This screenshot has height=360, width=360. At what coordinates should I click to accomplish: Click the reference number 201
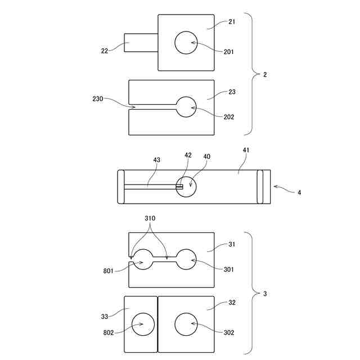point(228,52)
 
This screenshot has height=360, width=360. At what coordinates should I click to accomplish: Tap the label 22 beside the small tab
point(105,51)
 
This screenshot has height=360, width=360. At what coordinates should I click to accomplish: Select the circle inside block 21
point(186,43)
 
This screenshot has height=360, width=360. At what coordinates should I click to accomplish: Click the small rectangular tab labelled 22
point(141,43)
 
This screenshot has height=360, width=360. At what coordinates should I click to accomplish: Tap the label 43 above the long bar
point(156,160)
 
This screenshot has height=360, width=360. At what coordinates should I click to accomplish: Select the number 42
point(187,155)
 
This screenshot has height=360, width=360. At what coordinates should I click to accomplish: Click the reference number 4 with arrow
point(299,192)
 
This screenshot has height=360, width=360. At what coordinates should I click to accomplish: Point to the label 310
point(150,218)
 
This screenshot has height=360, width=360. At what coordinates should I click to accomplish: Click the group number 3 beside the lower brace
point(265,294)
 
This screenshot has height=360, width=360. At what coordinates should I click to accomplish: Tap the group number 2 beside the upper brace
point(265,74)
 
